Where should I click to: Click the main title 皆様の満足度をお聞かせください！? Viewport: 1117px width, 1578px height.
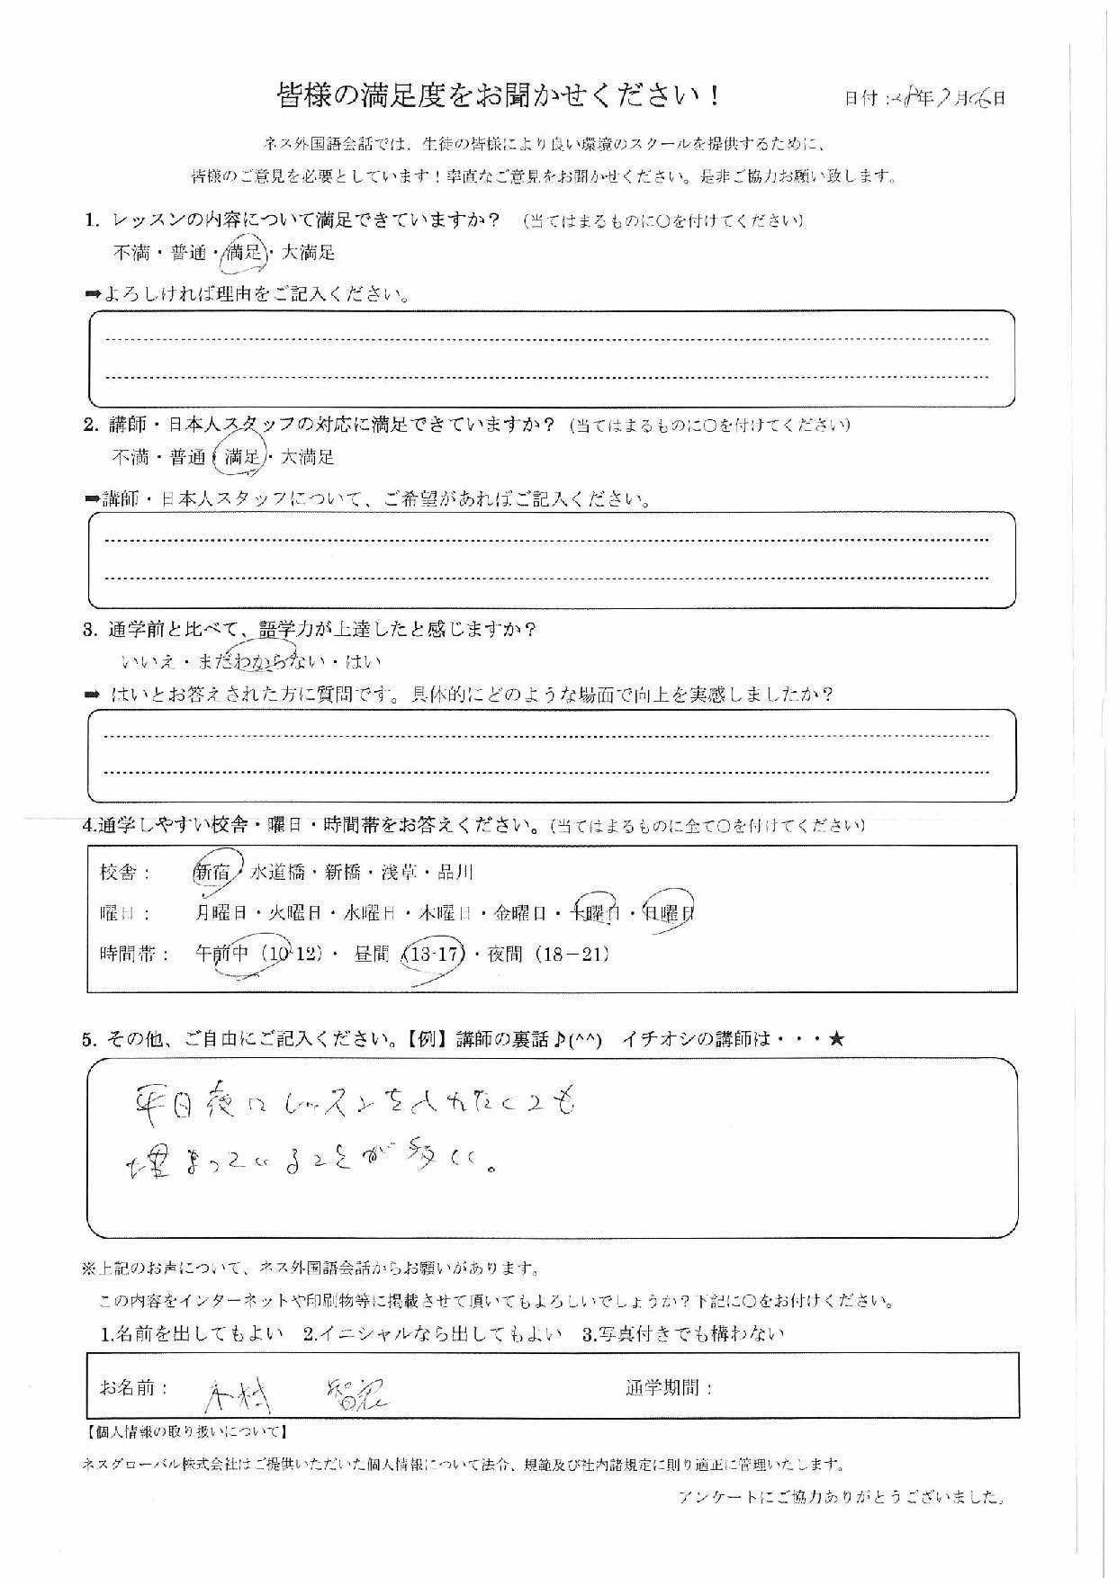click(x=498, y=96)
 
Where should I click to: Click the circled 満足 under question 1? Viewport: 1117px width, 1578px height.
click(x=243, y=253)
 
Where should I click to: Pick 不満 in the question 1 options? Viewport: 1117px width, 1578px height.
click(x=131, y=253)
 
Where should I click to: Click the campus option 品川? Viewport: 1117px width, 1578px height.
click(x=455, y=872)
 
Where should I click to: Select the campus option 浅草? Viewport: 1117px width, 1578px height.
click(x=401, y=872)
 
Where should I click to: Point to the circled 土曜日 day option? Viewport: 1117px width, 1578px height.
click(x=592, y=913)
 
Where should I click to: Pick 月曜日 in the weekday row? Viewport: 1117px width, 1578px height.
click(x=221, y=913)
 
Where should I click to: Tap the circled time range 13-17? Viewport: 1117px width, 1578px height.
click(x=433, y=955)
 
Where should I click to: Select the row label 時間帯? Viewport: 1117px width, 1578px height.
click(x=134, y=955)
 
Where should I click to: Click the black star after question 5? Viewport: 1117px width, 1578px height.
click(x=836, y=1039)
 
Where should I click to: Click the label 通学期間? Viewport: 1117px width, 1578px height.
click(x=669, y=1388)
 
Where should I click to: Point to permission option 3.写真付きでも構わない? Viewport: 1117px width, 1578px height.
click(x=683, y=1333)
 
